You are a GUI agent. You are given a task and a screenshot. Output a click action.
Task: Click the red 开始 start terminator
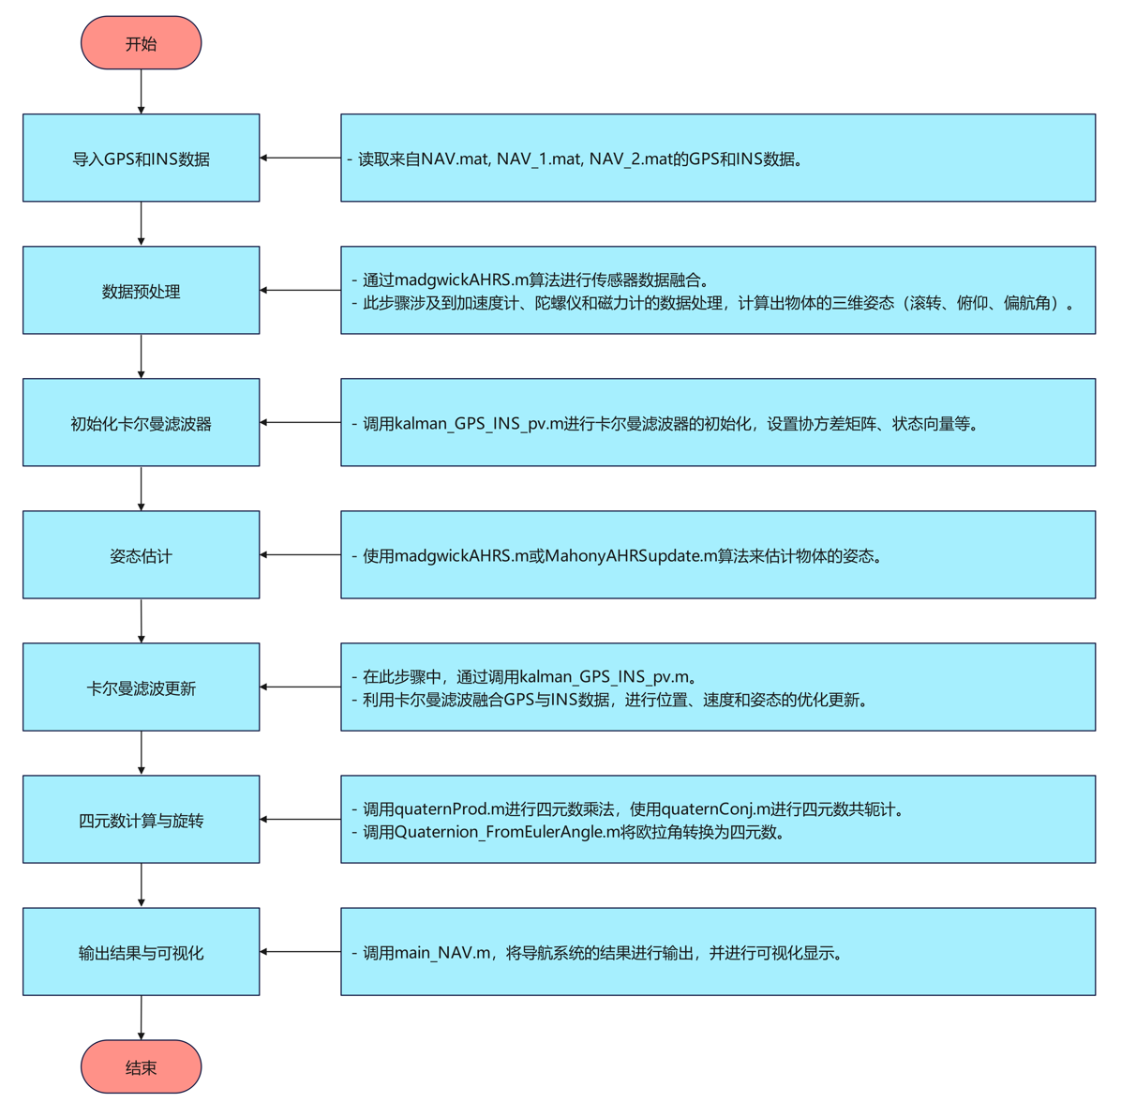coord(141,43)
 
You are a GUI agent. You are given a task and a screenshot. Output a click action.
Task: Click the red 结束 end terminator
coord(141,1066)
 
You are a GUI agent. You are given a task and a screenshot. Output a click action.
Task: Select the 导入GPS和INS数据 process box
coord(141,159)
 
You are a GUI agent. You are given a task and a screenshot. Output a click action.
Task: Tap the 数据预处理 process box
coord(141,291)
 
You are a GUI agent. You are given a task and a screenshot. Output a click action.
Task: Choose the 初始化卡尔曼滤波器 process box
coord(141,423)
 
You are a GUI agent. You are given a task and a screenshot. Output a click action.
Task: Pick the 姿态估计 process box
coord(141,555)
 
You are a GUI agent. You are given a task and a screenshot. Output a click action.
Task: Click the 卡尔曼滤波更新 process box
coord(141,687)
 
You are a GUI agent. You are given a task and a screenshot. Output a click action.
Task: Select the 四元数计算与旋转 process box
coord(141,820)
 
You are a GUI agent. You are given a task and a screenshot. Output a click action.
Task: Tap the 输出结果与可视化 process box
coord(141,952)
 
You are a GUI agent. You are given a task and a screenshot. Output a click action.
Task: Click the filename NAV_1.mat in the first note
coord(538,159)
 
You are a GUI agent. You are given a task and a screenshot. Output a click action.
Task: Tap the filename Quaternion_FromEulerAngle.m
coord(507,832)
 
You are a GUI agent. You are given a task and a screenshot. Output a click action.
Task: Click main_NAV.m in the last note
coord(442,953)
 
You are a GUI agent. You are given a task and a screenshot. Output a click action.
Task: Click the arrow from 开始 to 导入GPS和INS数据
coord(142,92)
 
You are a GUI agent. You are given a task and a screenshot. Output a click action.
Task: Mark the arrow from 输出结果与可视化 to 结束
coord(142,1018)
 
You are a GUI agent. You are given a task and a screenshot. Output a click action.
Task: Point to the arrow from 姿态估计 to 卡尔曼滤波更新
coord(142,621)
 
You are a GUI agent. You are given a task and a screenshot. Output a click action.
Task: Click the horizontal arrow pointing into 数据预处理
coord(300,291)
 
